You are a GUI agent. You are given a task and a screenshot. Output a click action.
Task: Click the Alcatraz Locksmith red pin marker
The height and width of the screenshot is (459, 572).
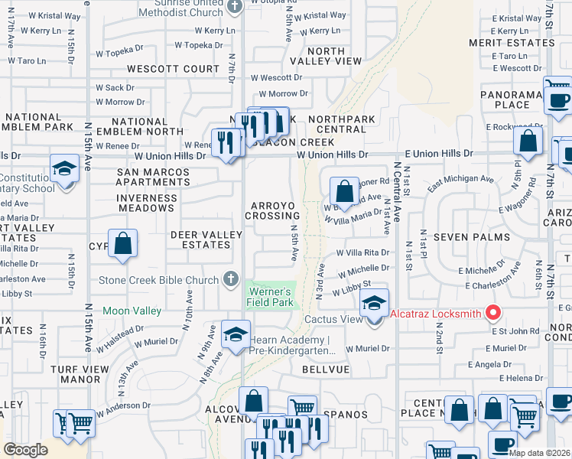pos(493,313)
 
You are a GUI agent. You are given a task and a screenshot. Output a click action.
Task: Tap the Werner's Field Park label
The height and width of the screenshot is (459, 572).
pos(268,297)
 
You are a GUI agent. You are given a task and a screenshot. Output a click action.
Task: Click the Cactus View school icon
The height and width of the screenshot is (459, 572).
pos(374,304)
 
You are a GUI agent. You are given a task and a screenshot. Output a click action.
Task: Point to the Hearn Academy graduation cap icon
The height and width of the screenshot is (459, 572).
pos(236,334)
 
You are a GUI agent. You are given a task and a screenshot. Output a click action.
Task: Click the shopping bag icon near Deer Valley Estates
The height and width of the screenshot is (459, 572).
pos(122,245)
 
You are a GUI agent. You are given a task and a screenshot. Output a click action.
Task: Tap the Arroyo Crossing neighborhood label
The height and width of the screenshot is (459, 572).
pos(272,211)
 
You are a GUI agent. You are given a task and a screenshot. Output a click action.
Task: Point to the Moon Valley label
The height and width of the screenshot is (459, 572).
pos(132,311)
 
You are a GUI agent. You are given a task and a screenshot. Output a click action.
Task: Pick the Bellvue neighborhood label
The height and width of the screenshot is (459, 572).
pos(325,369)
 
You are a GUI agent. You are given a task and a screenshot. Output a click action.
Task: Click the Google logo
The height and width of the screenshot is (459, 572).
pos(25,450)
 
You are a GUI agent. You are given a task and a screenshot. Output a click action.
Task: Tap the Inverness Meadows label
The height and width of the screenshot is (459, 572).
pos(147,203)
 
